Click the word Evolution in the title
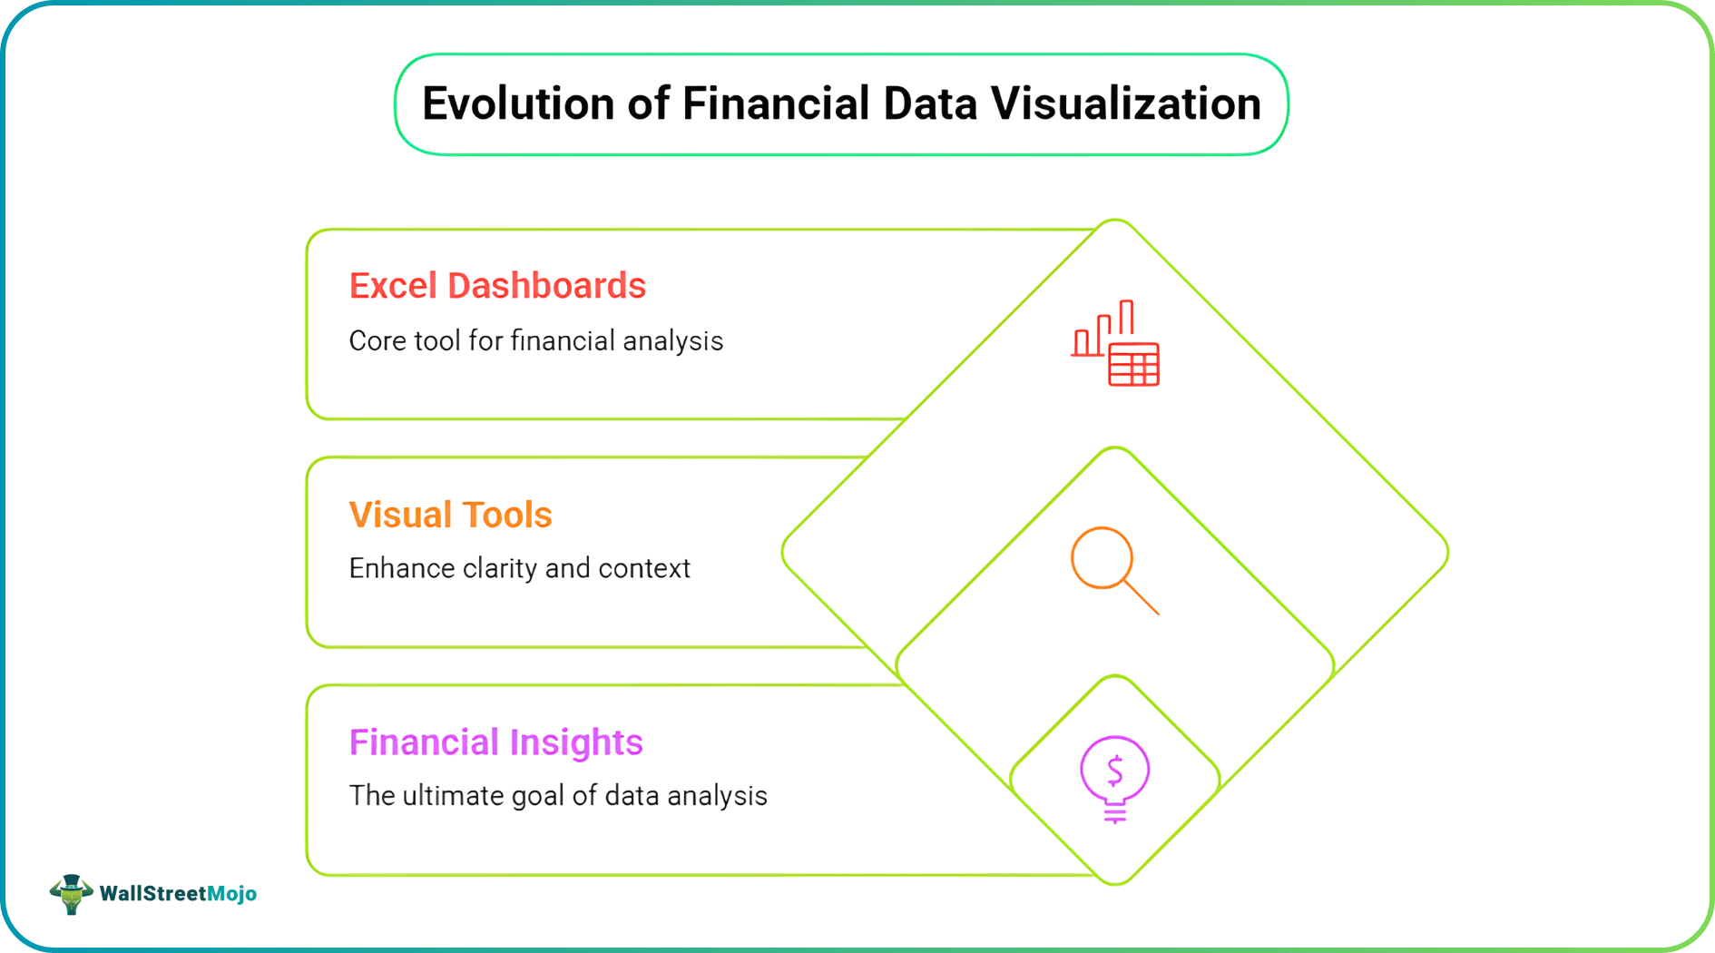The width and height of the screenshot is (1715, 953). [518, 103]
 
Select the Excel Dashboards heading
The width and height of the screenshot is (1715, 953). [497, 286]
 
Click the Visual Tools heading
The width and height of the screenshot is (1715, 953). [450, 515]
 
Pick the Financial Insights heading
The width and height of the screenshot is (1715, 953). [495, 742]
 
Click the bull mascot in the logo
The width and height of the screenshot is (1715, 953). [71, 894]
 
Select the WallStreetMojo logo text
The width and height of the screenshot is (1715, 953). [178, 894]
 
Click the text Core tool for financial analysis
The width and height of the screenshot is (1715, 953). [535, 341]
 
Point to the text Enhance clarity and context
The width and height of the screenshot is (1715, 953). [519, 569]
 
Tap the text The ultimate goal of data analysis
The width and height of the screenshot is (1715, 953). [558, 796]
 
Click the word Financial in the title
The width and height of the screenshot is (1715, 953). [776, 103]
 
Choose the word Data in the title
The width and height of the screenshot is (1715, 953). [930, 103]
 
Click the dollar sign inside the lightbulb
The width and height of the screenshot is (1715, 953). [1115, 771]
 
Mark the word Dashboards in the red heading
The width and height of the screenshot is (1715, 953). [546, 286]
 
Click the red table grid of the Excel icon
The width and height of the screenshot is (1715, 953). [1133, 365]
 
